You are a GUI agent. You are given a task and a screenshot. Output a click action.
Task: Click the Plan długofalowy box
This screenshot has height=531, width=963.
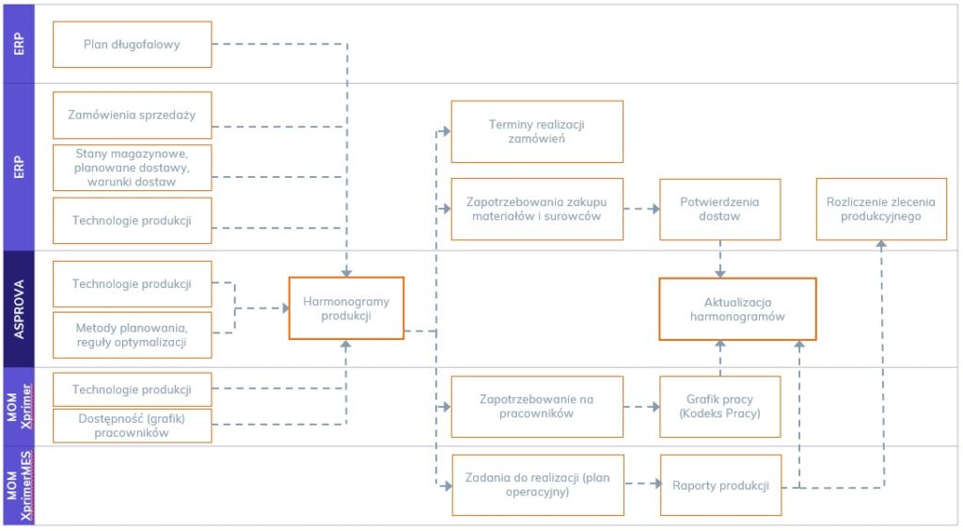click(132, 44)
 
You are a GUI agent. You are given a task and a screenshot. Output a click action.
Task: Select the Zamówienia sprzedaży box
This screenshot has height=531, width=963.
click(132, 116)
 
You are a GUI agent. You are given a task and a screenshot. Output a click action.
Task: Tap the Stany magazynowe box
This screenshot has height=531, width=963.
click(132, 168)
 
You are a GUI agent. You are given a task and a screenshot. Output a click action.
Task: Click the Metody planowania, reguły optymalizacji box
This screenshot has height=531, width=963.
click(132, 334)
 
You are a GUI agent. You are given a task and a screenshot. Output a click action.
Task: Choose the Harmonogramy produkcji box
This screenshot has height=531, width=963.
click(346, 308)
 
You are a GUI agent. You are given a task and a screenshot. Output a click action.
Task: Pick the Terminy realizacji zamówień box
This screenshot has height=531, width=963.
click(537, 132)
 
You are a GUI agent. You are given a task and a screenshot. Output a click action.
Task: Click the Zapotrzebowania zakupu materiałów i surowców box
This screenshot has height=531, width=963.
click(537, 209)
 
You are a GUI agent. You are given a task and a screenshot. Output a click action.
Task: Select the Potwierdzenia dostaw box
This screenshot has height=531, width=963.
click(720, 209)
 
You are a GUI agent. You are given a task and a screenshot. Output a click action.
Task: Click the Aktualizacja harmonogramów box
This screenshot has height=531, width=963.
click(737, 309)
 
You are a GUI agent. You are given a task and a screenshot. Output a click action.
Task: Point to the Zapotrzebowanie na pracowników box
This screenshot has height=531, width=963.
click(537, 406)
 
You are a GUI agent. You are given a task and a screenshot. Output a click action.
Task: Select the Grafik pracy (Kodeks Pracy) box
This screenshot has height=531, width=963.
click(720, 406)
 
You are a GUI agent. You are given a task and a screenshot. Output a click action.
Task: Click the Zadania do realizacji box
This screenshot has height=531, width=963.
click(537, 485)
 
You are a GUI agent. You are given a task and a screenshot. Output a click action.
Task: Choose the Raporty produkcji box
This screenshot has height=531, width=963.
click(720, 486)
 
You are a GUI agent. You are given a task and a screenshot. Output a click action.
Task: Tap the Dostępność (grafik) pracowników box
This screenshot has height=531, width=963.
click(132, 426)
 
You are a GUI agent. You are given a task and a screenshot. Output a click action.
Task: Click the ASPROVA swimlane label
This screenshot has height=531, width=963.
click(18, 309)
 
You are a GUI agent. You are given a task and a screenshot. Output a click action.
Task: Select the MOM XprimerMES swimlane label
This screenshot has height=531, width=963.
click(18, 486)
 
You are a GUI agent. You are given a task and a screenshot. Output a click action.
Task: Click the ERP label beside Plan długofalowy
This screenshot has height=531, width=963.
click(18, 44)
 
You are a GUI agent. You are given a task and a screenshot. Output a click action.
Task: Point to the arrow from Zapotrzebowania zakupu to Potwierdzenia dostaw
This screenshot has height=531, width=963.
click(641, 209)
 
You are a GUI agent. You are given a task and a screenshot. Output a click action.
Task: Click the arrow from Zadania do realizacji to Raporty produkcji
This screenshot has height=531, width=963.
click(641, 485)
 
